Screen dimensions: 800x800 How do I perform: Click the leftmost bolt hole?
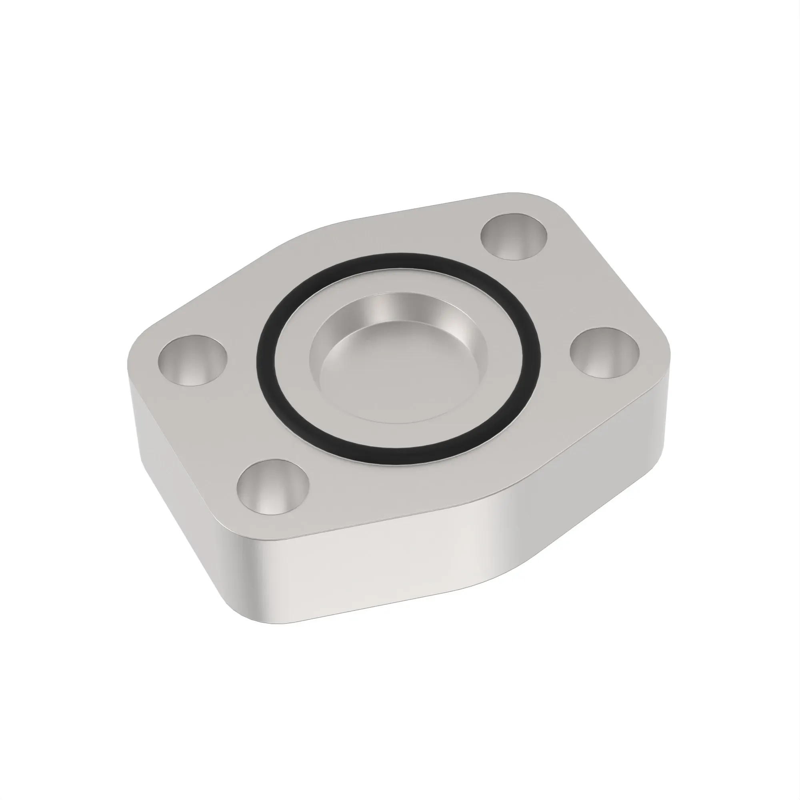coord(192,360)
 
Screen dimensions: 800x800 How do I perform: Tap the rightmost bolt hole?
coord(604,352)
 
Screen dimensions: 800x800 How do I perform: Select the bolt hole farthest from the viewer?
coord(514,236)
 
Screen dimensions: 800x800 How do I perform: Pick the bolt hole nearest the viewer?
coord(273,486)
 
